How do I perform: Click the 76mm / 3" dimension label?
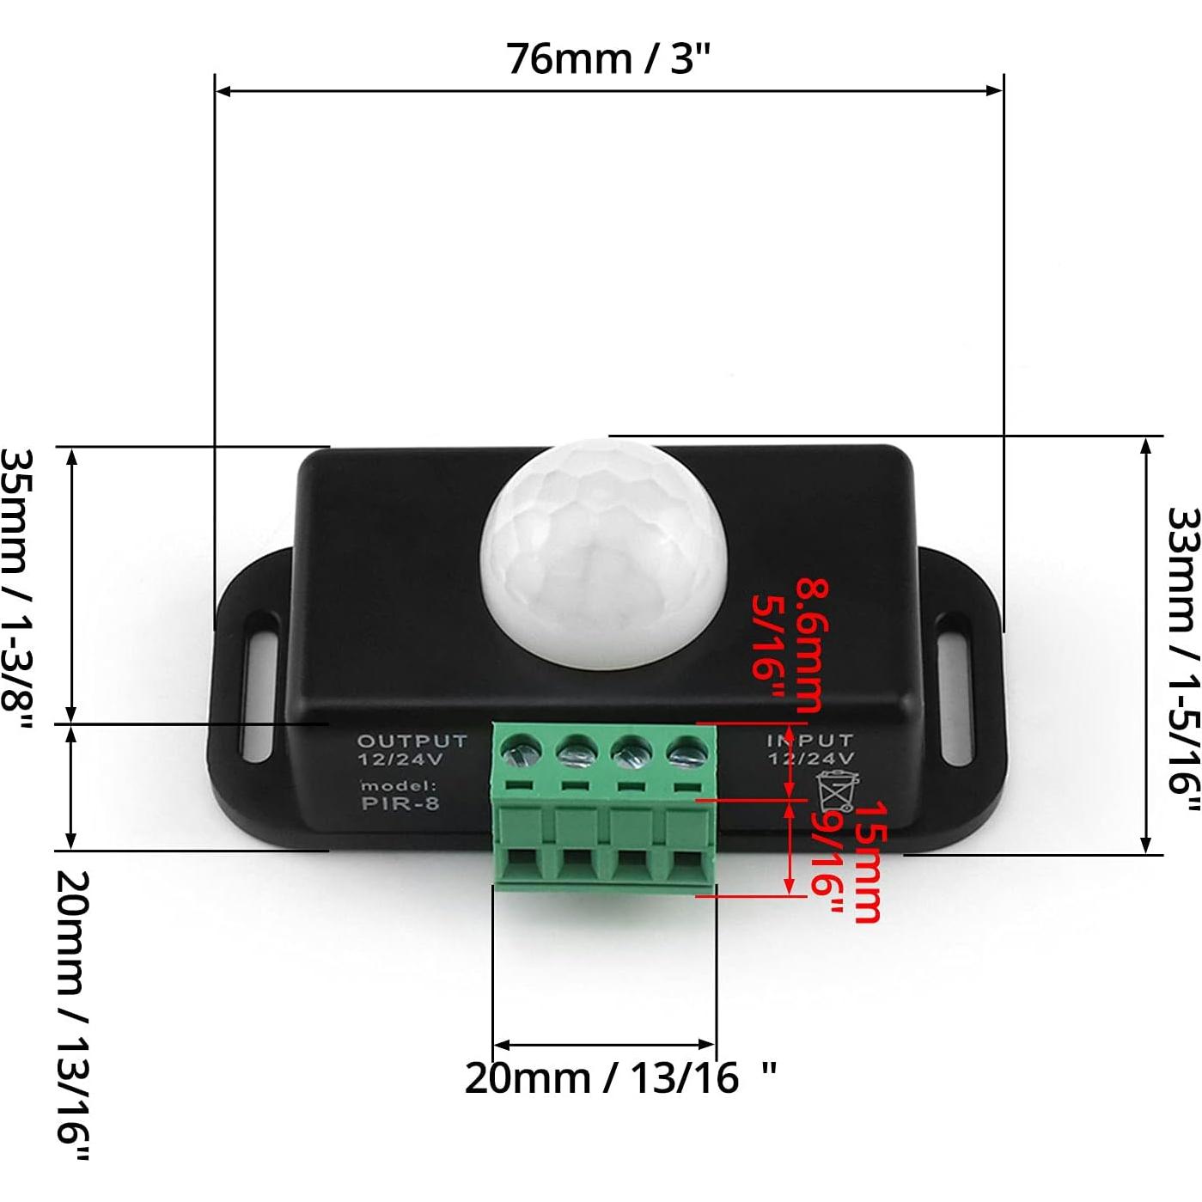[x=608, y=58]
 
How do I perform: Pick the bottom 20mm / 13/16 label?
[x=619, y=1077]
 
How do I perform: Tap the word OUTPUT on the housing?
[x=412, y=741]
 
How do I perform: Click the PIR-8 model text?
[x=400, y=804]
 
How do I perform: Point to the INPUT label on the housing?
[x=810, y=740]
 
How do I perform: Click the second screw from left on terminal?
[x=576, y=754]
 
